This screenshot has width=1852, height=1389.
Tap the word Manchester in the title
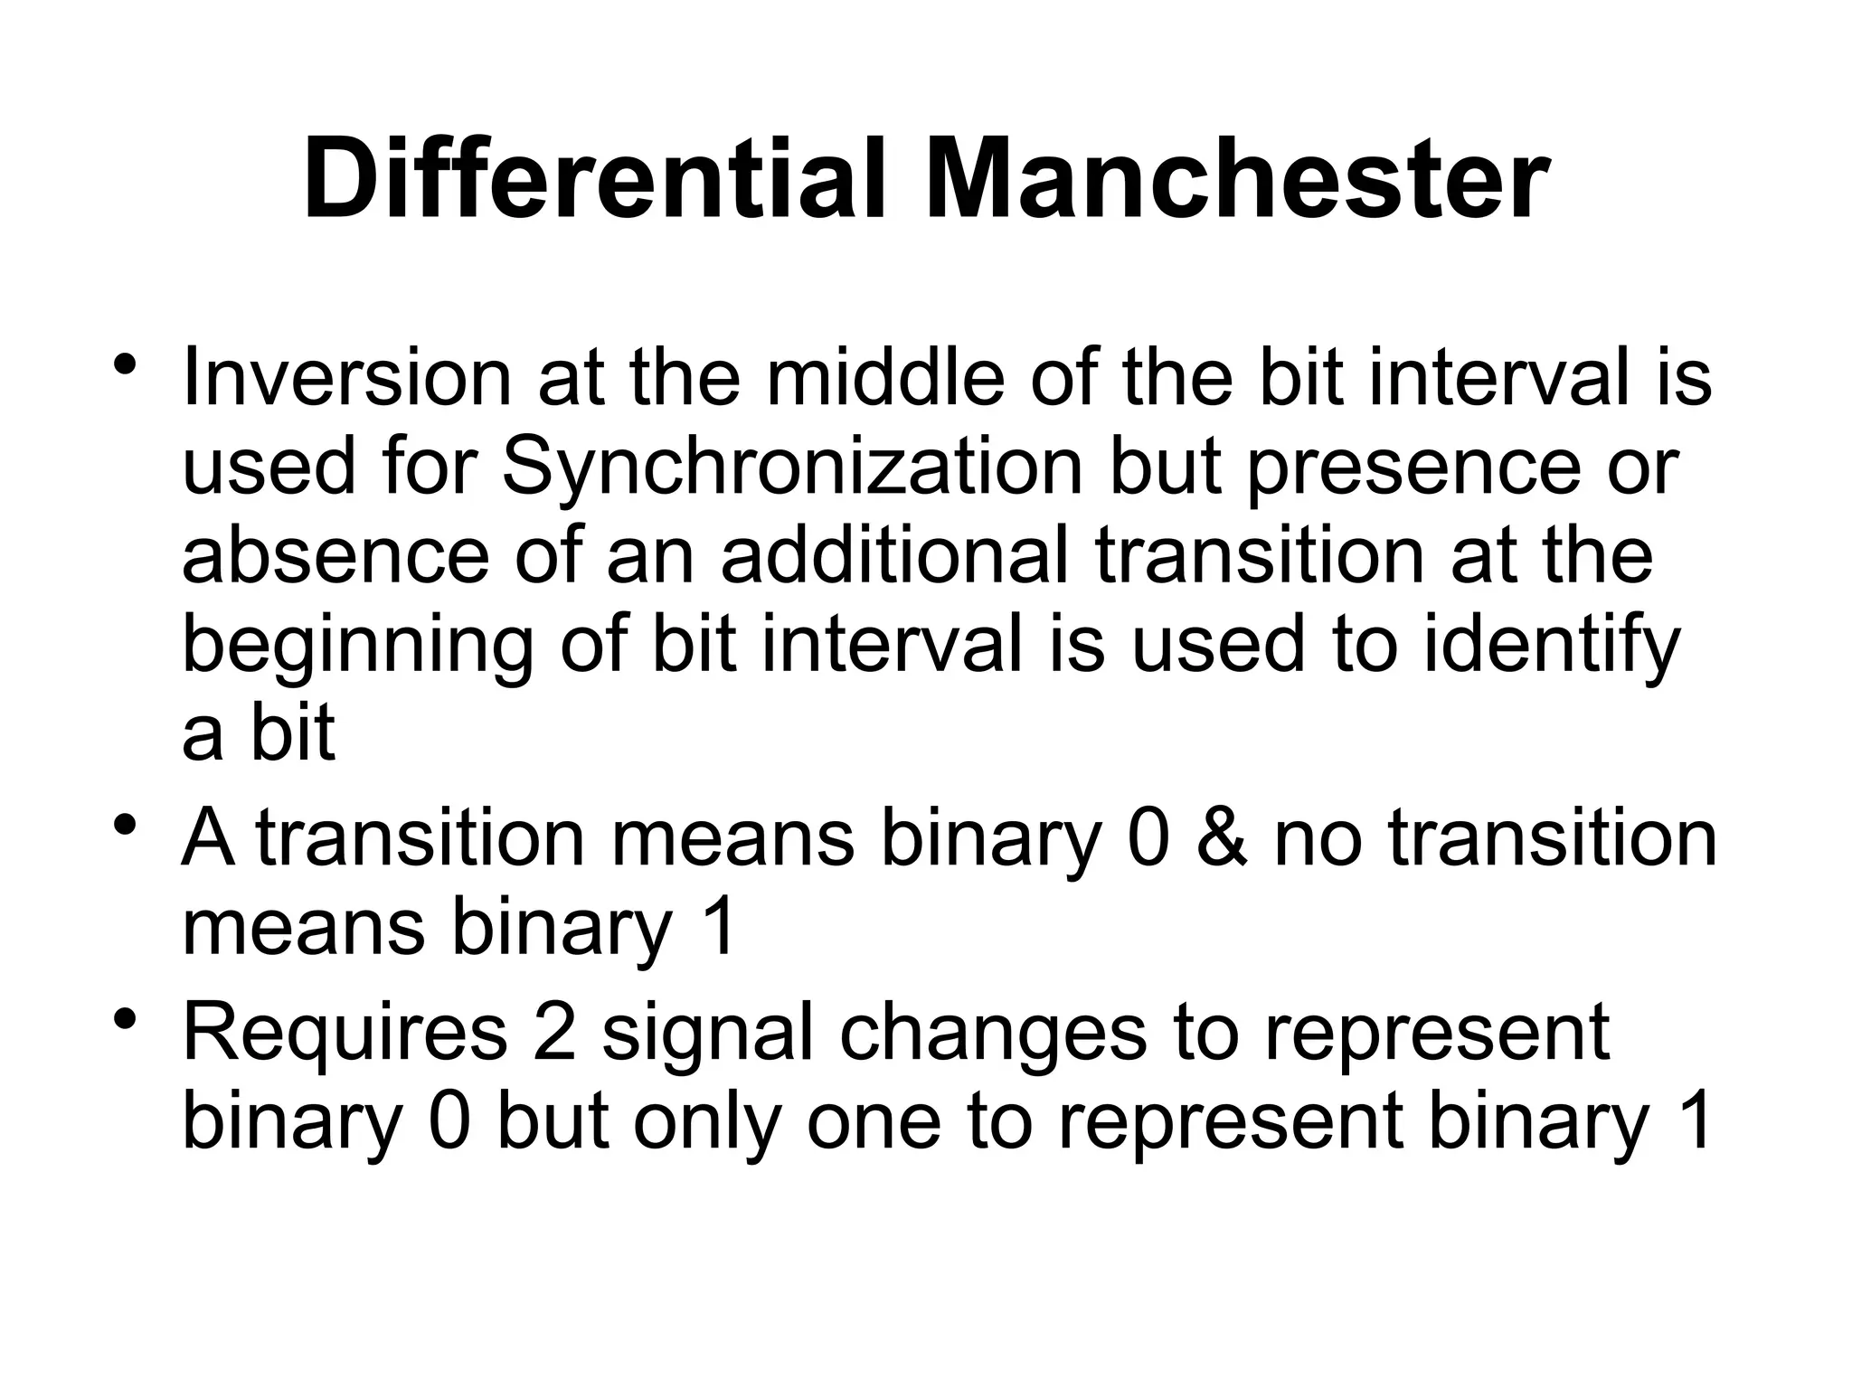[1235, 180]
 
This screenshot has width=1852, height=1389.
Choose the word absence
[335, 557]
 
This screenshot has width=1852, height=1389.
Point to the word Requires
[345, 1033]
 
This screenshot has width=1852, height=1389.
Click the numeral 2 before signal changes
[554, 1033]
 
